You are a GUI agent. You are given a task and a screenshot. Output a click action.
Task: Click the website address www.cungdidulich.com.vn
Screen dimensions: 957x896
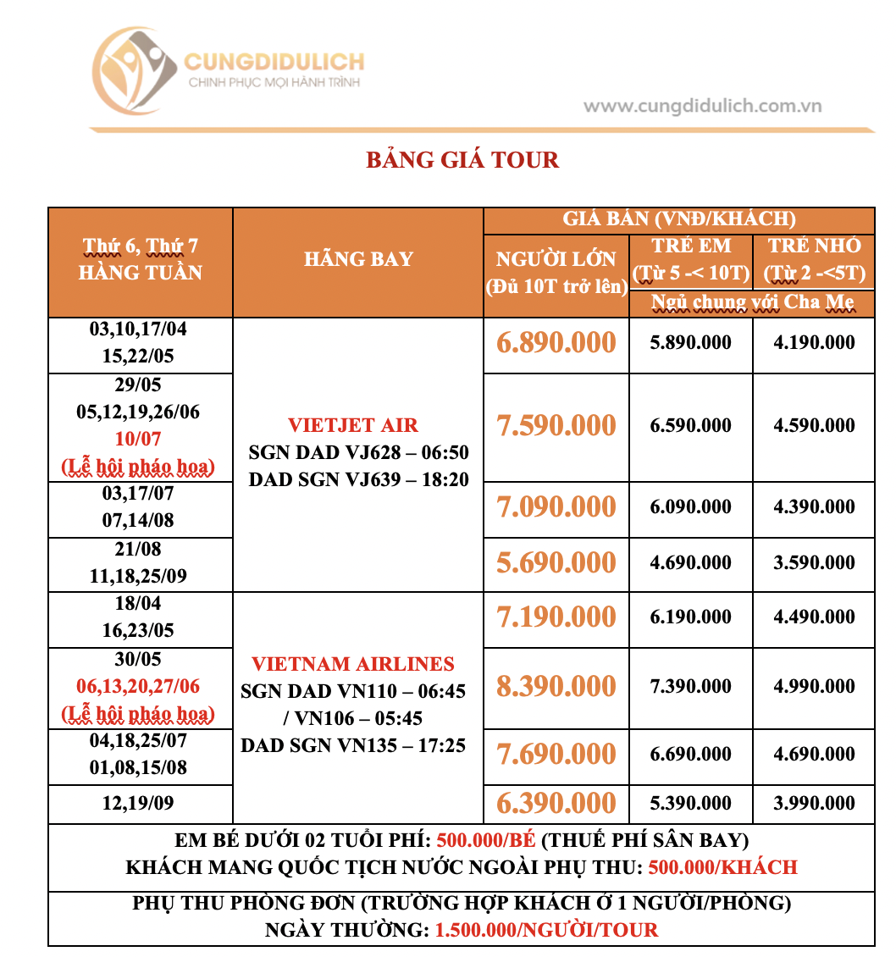pyautogui.click(x=702, y=107)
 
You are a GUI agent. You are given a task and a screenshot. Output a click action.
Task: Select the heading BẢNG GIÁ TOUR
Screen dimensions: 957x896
pyautogui.click(x=462, y=160)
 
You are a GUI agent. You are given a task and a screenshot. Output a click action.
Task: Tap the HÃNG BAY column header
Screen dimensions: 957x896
pyautogui.click(x=358, y=259)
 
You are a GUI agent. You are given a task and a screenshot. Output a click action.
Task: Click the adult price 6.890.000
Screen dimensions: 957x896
pyautogui.click(x=556, y=343)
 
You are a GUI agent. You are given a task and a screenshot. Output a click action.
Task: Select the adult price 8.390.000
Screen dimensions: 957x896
pyautogui.click(x=556, y=686)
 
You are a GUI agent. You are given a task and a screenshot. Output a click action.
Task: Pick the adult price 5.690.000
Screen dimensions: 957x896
pyautogui.click(x=556, y=563)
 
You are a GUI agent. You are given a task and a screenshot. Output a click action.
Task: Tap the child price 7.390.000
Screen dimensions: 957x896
pyautogui.click(x=691, y=687)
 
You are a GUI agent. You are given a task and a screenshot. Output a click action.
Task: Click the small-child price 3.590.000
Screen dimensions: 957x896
pyautogui.click(x=814, y=563)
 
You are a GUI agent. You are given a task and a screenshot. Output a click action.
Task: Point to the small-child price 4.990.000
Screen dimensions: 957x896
pyautogui.click(x=814, y=687)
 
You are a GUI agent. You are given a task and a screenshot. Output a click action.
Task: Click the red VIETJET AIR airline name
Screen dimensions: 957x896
pyautogui.click(x=353, y=425)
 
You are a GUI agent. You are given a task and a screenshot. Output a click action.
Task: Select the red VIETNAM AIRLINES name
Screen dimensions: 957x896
pyautogui.click(x=353, y=664)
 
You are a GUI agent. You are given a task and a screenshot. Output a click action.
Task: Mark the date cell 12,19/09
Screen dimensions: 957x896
pyautogui.click(x=138, y=802)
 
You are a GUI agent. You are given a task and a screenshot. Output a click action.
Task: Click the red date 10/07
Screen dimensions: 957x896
pyautogui.click(x=138, y=439)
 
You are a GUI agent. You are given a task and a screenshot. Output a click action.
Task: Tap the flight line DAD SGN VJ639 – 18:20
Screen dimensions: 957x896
pyautogui.click(x=358, y=479)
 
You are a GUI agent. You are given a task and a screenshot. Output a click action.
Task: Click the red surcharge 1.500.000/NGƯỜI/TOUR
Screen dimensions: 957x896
pyautogui.click(x=546, y=930)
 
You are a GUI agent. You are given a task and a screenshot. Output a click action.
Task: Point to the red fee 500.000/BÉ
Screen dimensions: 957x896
pyautogui.click(x=485, y=841)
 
